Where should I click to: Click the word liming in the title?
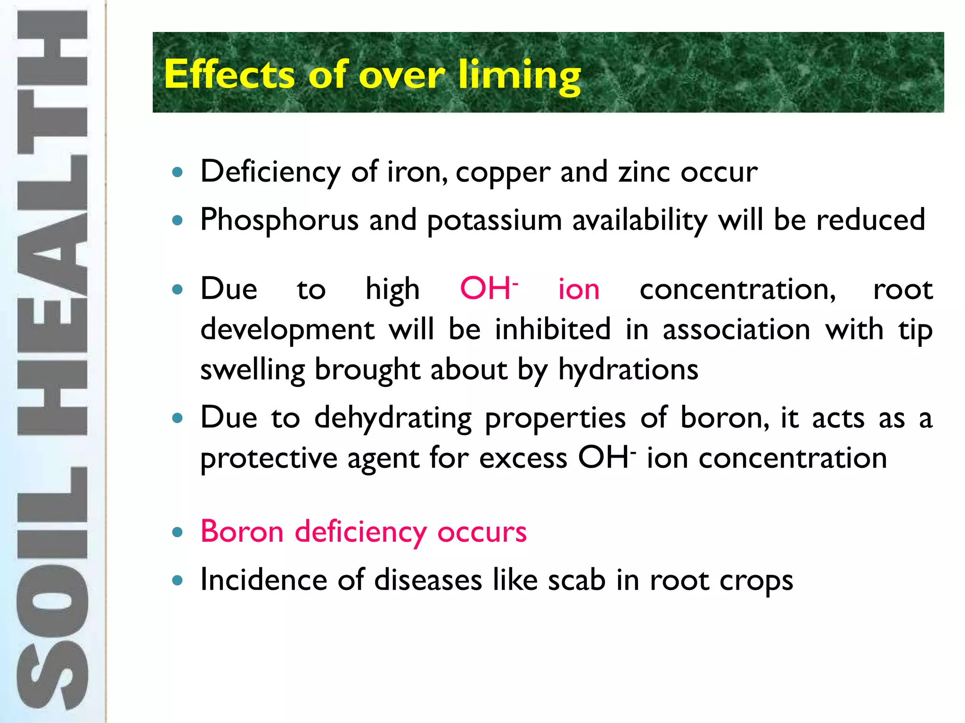tap(519, 75)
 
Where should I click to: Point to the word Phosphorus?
tap(279, 220)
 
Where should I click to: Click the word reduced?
tap(871, 220)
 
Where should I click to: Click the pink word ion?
tap(579, 289)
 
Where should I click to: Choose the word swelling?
tap(253, 370)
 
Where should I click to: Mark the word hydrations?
tap(628, 370)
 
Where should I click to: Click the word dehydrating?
tap(393, 418)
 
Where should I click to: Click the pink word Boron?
tap(242, 531)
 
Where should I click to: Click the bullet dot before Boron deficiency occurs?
tap(178, 532)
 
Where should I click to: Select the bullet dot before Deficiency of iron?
tap(178, 172)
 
